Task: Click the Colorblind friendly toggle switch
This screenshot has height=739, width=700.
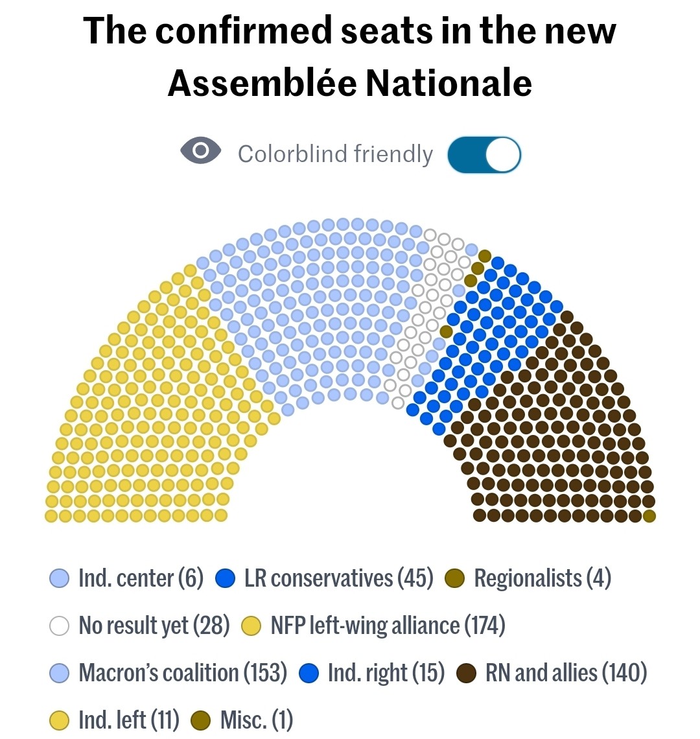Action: point(484,155)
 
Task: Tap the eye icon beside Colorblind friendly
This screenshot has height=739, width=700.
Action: point(200,152)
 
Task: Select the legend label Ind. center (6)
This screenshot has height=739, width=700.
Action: point(141,578)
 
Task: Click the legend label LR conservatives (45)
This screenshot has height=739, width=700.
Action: point(338,578)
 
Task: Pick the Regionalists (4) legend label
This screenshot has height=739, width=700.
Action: point(542,578)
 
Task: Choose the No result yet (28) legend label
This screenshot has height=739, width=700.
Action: point(154,626)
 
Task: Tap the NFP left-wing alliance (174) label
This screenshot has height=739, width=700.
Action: point(388,626)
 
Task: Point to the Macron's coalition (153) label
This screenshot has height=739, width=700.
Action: point(183,673)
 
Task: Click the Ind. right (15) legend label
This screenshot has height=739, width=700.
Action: point(386,673)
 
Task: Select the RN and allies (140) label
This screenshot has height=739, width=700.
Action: point(566,673)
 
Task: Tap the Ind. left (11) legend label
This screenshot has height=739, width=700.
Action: point(128,720)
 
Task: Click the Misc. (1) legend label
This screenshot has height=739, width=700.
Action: point(257,720)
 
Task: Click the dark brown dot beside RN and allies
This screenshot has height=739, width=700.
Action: point(467,673)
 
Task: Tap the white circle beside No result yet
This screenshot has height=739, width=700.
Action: point(59,626)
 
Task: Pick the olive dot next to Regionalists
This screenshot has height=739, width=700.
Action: point(456,578)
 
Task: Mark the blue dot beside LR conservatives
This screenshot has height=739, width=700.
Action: point(225,578)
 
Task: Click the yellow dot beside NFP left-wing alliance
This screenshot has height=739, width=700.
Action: point(251,626)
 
